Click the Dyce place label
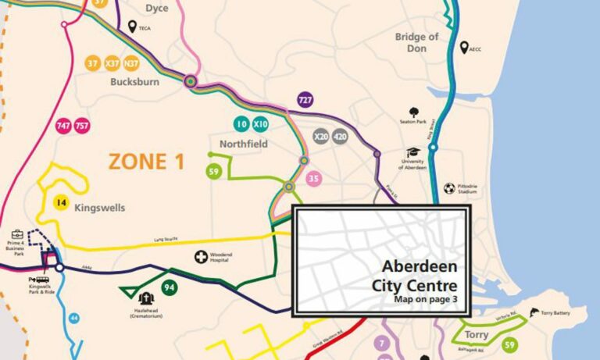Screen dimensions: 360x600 point(157,9)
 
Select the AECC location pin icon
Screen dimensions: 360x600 point(464,48)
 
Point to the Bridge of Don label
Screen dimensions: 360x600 point(416,42)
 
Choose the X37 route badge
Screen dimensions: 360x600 point(112,63)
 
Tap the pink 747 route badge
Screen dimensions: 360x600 point(64,126)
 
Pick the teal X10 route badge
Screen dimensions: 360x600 point(260,124)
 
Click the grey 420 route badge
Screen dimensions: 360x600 point(339,137)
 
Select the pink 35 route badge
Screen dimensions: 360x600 point(314,178)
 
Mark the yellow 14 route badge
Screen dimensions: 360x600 point(61,203)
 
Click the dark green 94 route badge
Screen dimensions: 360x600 point(169,287)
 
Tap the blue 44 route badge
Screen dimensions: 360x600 point(74,318)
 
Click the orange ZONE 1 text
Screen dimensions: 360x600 point(146,162)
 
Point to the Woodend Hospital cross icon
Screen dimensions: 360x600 point(201,257)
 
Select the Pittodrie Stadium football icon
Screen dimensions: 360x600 point(449,188)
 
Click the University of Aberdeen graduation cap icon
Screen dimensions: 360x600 point(412,152)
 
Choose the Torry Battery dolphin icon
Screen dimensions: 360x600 point(534,313)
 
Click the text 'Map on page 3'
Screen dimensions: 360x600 point(425,299)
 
